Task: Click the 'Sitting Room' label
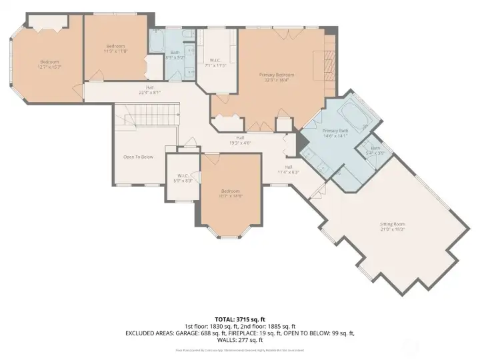392,224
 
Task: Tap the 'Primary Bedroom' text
277,75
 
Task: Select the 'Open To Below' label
138,157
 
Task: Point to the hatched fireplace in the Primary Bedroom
327,67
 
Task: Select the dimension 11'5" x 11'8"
115,51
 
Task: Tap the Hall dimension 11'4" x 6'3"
289,172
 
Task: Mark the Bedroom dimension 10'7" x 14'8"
231,195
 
